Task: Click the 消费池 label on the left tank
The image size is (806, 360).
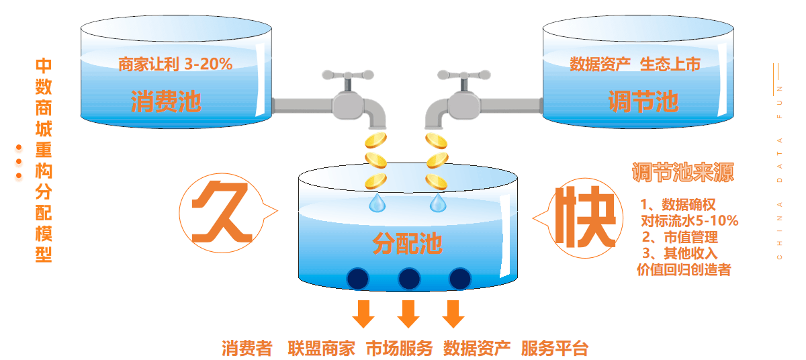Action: point(166,103)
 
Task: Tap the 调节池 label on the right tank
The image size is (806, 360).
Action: point(642,102)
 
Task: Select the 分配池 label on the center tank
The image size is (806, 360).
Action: point(407,243)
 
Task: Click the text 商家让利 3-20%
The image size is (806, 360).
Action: point(175,64)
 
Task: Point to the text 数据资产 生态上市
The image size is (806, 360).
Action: point(635,64)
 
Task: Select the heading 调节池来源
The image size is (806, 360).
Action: point(682,173)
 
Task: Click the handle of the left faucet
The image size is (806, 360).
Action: point(347,75)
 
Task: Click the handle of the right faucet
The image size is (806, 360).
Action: point(463,75)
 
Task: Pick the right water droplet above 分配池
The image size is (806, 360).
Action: point(438,201)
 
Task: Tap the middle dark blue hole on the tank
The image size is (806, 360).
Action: point(408,278)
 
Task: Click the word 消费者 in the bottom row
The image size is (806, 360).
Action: point(247,349)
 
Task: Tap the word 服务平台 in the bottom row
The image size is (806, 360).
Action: point(554,349)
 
